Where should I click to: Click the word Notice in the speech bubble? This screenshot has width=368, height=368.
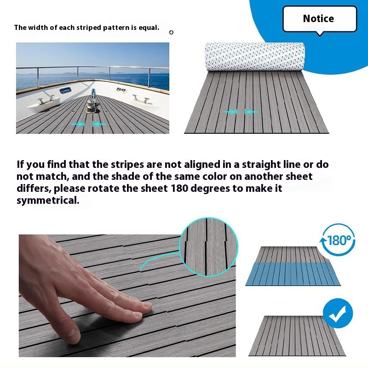pos(318,18)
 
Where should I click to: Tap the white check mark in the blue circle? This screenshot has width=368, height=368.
pos(337,314)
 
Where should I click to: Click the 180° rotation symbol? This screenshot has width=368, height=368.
pos(338,240)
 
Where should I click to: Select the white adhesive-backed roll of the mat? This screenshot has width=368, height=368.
pos(255,57)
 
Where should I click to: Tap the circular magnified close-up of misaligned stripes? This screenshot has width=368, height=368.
pos(208,247)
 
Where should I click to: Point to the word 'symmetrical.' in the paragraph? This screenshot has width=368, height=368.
pos(48,201)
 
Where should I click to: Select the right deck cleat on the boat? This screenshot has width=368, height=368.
pos(141,99)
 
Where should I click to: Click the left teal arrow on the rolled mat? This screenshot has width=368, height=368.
pos(230,112)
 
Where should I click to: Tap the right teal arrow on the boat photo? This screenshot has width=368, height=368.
pos(99,124)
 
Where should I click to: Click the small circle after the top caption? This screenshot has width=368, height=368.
pos(171,32)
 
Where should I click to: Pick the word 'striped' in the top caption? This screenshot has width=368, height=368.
pos(89,28)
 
